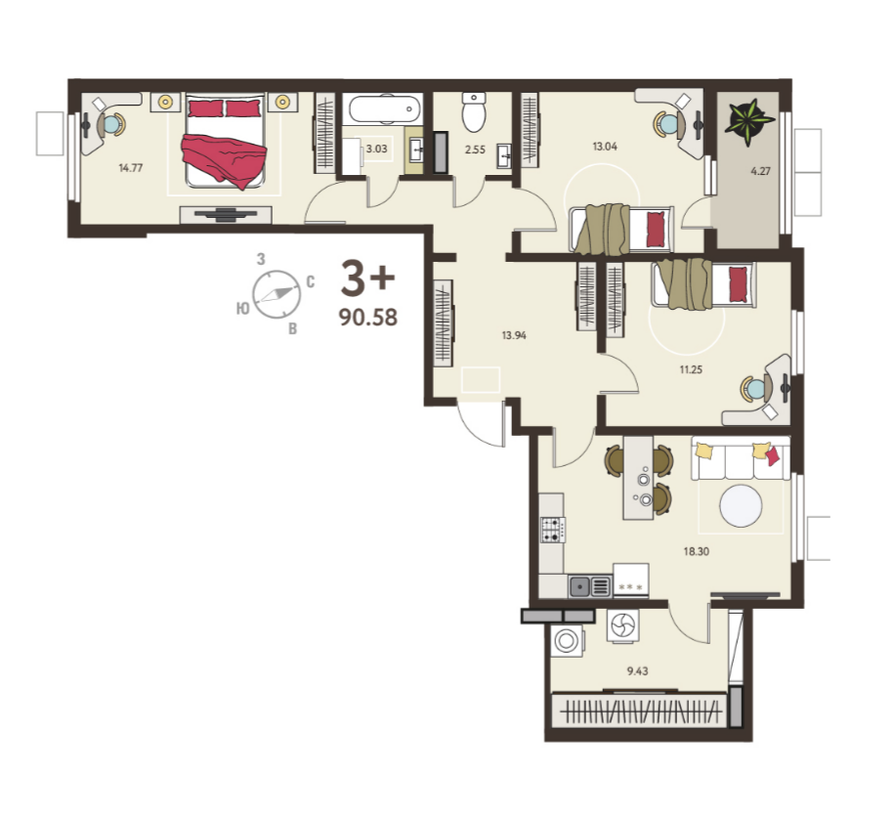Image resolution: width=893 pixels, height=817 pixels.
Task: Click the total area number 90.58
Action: pos(368,317)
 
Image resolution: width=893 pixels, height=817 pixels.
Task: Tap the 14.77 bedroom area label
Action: pos(130,167)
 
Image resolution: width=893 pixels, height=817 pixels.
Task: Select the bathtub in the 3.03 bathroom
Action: pos(383,108)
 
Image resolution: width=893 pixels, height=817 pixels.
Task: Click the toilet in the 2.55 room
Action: pos(473,111)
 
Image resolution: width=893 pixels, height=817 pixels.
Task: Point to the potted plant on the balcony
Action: pos(748,122)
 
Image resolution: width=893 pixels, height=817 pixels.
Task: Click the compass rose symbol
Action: pos(276,294)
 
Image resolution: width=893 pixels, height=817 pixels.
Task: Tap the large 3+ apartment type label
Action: pos(367,279)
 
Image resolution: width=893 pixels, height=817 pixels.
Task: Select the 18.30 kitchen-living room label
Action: pos(696,551)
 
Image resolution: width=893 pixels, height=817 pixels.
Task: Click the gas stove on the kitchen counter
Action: pos(552,530)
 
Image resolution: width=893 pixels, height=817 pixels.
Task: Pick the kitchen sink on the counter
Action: pos(589,586)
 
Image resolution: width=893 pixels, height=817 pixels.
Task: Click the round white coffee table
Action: pos(741,506)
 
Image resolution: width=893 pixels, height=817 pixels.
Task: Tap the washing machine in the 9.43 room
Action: pos(568,640)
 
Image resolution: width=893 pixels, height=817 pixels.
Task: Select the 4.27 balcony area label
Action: pos(760,170)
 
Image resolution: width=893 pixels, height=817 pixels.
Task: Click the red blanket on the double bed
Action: pos(225,159)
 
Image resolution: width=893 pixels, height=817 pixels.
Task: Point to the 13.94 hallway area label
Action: pos(514,335)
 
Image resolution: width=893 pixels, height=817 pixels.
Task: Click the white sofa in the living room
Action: pos(741,458)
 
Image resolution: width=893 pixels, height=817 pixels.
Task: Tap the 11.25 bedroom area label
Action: pos(691,369)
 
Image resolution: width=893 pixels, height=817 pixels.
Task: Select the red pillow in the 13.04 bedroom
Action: pos(656,229)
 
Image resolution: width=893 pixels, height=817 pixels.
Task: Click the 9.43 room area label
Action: pos(637,670)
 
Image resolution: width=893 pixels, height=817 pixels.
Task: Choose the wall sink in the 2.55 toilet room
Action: pos(504,155)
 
